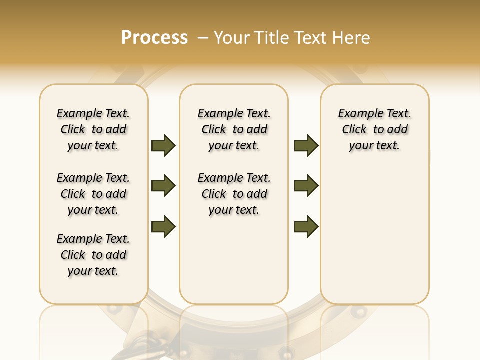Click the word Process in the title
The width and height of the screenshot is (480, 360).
tap(154, 38)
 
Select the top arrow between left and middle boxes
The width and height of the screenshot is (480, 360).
tap(163, 146)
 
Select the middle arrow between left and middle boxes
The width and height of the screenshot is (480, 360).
tap(163, 186)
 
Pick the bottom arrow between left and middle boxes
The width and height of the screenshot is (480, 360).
tap(163, 226)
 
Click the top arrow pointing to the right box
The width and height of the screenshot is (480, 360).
tap(306, 146)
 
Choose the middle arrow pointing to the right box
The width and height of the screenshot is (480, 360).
tap(306, 186)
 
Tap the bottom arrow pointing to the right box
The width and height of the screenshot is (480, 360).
tap(306, 226)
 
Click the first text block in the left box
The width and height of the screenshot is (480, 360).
tap(93, 129)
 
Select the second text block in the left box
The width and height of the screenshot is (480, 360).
tap(93, 194)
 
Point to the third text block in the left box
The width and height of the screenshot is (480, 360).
tap(93, 255)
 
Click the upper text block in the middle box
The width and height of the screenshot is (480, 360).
tap(234, 129)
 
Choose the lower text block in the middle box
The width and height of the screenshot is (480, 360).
tap(234, 194)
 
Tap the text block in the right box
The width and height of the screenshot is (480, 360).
tap(375, 129)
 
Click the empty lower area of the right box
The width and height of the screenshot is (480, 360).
tap(375, 235)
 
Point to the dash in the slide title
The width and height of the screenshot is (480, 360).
tap(203, 38)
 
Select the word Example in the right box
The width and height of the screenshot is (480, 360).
tap(357, 114)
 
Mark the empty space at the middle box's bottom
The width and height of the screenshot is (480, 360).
tap(234, 265)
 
